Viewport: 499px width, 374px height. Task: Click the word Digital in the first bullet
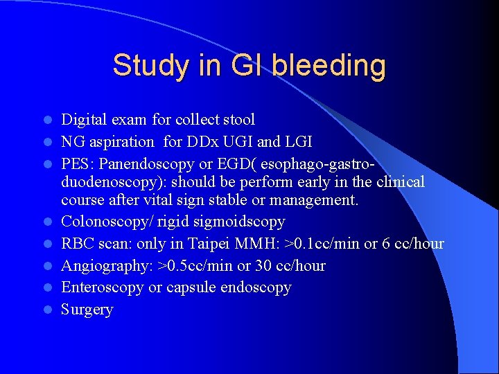84,120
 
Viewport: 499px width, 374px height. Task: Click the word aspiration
122,142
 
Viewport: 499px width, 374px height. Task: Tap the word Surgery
87,310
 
